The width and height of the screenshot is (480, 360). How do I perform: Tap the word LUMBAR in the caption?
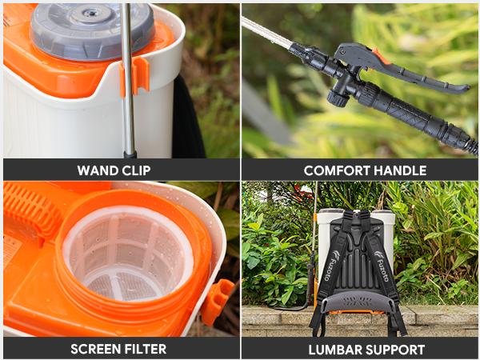coord(334,349)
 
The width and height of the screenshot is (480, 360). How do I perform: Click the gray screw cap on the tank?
coord(92,29)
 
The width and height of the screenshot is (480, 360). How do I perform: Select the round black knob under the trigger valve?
coord(337,98)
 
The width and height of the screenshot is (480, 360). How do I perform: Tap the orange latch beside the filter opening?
coord(217,301)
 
